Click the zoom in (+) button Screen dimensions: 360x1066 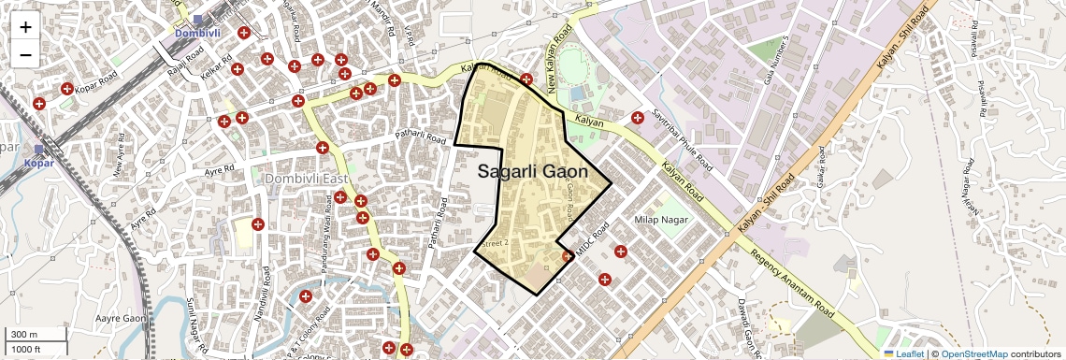(25, 26)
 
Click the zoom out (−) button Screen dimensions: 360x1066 (25, 54)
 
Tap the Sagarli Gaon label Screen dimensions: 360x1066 (532, 172)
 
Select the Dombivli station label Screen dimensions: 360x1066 (200, 34)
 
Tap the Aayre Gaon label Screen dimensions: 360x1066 (122, 319)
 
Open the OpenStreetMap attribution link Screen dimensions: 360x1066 (973, 353)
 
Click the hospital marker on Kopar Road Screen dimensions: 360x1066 (67, 90)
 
